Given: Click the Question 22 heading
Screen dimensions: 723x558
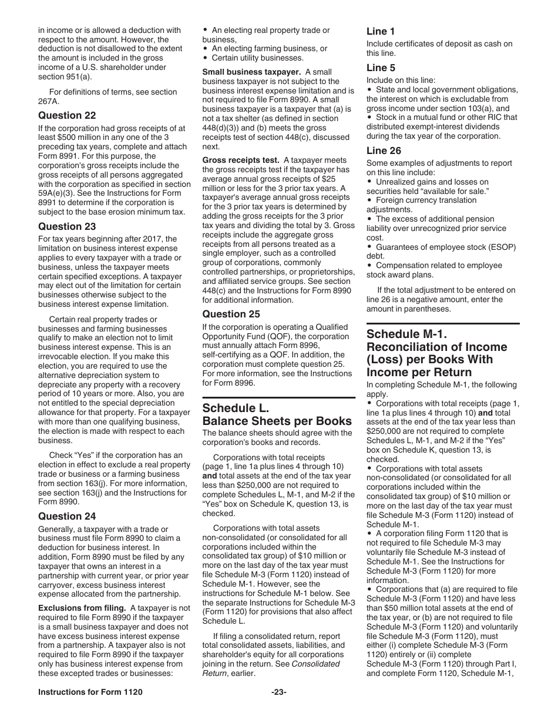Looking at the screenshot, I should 67,115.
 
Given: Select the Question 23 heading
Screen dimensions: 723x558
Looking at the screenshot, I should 67,226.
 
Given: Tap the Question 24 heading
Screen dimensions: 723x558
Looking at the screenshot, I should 67,516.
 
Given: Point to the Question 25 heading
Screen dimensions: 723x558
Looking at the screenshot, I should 231,314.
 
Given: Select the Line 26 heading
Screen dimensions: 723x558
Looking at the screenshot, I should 384,151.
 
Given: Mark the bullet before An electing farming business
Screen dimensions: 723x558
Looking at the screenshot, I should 205,49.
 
